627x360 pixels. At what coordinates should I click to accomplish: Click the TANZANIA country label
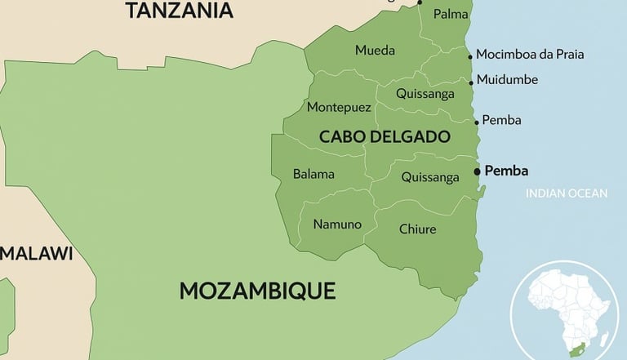(179, 11)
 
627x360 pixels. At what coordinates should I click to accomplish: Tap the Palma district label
(451, 14)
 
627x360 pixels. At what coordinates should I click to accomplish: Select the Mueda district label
(375, 51)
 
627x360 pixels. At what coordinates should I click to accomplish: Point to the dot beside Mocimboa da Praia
(470, 56)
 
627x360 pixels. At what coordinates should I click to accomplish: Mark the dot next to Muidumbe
(471, 82)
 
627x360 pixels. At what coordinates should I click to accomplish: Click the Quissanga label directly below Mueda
(425, 93)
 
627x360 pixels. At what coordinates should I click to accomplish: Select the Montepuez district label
(339, 107)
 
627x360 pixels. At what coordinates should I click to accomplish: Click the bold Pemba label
(506, 171)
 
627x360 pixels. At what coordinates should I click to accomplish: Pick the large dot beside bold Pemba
(478, 171)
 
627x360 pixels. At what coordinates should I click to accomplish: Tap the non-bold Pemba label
(501, 120)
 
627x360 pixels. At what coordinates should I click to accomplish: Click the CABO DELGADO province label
(385, 136)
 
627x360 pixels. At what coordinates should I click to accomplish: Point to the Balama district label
(313, 174)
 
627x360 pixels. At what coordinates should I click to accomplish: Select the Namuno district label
(337, 224)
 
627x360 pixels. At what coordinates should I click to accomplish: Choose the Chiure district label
(417, 229)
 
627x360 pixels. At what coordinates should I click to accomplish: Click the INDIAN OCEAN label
(567, 193)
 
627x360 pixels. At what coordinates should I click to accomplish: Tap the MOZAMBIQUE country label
(257, 291)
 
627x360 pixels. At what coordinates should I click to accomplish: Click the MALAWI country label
(37, 253)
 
